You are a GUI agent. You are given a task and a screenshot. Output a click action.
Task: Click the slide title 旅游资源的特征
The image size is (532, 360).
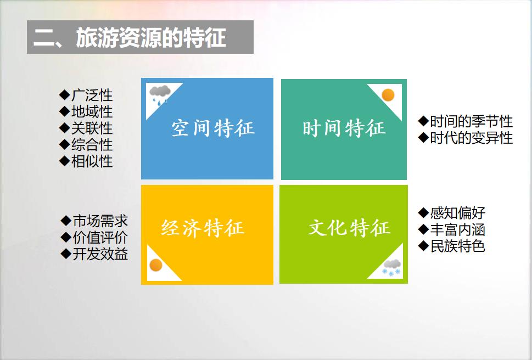pos(151,37)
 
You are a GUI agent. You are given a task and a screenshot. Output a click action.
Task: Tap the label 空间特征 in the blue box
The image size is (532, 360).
pos(213,128)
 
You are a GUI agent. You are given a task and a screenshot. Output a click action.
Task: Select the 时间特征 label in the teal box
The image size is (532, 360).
pos(344,128)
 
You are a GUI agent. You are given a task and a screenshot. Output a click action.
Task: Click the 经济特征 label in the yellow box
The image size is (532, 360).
pos(203,227)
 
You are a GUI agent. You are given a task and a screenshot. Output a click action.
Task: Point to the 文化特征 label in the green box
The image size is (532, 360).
pos(349,227)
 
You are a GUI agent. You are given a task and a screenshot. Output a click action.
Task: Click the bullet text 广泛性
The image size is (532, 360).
pos(92,95)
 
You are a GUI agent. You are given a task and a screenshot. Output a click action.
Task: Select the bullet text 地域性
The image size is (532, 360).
pos(92,111)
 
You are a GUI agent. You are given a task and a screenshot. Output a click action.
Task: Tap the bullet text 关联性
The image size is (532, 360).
pos(92,128)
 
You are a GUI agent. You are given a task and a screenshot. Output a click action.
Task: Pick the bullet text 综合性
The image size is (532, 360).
pos(92,145)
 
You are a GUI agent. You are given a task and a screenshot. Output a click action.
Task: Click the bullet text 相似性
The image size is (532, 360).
pos(92,161)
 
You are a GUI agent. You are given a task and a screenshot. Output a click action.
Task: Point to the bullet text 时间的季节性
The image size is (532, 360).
pos(471,121)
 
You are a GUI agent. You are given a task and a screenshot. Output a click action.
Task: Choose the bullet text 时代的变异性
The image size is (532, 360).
pos(471,138)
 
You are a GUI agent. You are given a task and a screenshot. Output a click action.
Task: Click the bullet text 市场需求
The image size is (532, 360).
pos(100,221)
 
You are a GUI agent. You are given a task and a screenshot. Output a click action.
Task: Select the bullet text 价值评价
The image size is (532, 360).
pos(100,238)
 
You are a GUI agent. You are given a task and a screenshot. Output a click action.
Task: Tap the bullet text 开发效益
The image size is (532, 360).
pos(100,254)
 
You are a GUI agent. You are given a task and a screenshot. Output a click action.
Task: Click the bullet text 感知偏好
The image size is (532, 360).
pos(458,213)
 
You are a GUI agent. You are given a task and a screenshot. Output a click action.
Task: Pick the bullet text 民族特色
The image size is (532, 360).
pos(458,246)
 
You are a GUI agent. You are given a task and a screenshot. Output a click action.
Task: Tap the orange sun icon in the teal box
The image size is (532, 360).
pos(388,95)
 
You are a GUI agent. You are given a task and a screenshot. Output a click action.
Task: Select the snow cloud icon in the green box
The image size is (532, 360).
pos(392,267)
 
